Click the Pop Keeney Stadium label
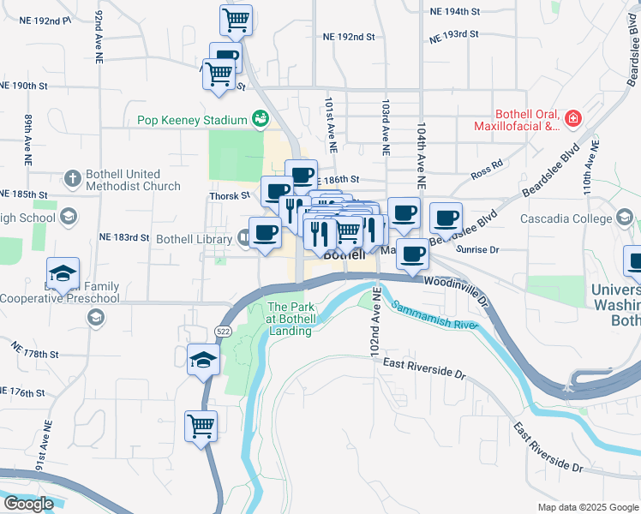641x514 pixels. (193, 120)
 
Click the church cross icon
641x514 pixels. (72, 179)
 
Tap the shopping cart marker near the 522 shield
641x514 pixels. (201, 425)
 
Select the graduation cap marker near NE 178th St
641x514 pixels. (202, 359)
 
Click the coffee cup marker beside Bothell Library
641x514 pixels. (265, 232)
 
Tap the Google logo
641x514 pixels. (28, 504)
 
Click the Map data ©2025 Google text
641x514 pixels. (586, 507)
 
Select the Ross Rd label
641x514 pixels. (486, 172)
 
